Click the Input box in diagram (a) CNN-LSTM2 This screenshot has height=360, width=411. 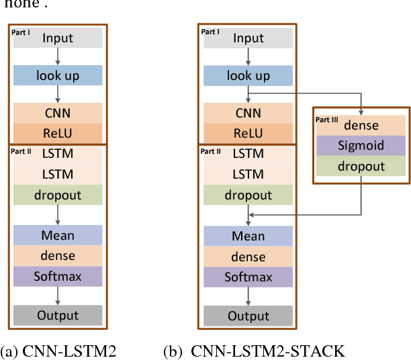[x=58, y=38]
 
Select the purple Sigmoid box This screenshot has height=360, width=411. [x=361, y=146]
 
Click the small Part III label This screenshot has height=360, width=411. [x=327, y=119]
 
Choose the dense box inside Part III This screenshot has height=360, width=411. [x=361, y=125]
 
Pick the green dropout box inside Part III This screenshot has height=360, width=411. [x=361, y=167]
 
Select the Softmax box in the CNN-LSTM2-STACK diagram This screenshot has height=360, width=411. [x=248, y=277]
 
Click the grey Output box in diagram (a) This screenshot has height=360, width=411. [x=58, y=315]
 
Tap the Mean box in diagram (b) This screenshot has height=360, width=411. [x=248, y=236]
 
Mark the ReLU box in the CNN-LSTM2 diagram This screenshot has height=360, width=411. [x=58, y=133]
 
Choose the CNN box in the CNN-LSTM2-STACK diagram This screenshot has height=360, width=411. [x=248, y=113]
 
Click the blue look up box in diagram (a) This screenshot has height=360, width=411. [x=58, y=75]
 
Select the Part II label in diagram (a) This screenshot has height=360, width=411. [x=22, y=151]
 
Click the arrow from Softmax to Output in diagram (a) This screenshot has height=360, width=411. [x=58, y=296]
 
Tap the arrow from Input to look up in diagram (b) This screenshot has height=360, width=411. [x=248, y=56]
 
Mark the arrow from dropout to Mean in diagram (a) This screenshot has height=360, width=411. [x=58, y=215]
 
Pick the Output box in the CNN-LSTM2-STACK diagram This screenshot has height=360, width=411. [x=248, y=316]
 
